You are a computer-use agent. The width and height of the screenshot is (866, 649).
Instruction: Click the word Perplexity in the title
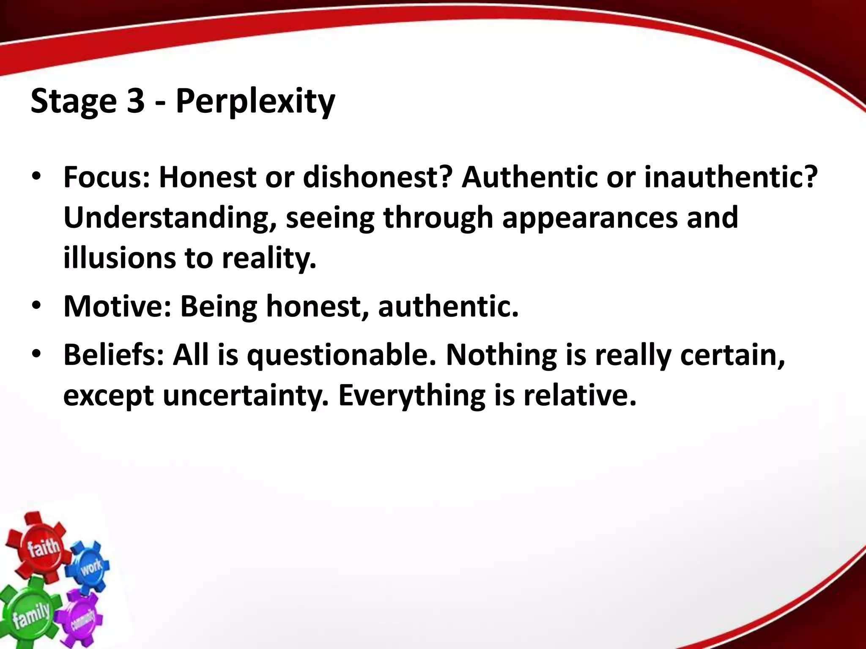tap(255, 101)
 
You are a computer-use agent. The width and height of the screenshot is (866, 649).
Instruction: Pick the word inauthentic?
tap(731, 177)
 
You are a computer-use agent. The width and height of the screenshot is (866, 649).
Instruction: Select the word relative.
tap(579, 395)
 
